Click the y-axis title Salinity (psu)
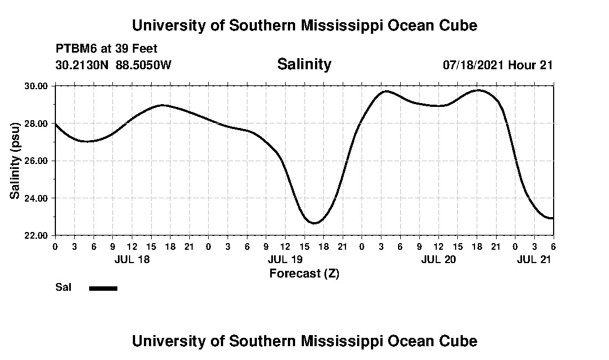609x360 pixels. (x=15, y=161)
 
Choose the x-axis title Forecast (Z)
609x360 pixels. (x=304, y=274)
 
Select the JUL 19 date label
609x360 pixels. (x=285, y=260)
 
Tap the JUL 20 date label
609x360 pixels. (x=438, y=260)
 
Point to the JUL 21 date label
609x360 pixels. (x=534, y=260)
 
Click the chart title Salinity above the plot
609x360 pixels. (x=304, y=64)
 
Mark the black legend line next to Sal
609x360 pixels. (x=103, y=288)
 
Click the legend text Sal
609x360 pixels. (x=63, y=287)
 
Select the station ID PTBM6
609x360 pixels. (x=75, y=49)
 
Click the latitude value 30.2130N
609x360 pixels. (x=82, y=65)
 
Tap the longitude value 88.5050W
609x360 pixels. (x=144, y=65)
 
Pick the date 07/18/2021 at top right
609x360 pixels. (x=473, y=65)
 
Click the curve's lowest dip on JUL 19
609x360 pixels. (x=314, y=223)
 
